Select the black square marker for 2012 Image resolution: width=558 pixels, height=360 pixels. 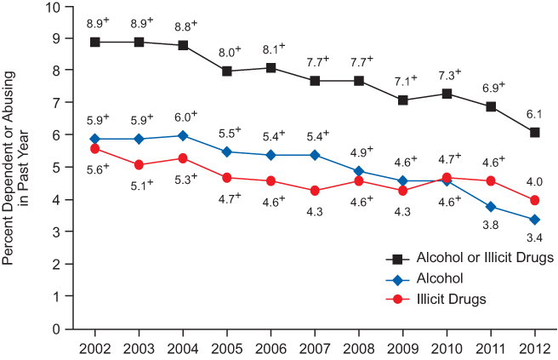pos(534,133)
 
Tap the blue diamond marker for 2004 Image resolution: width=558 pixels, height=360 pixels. pos(184,135)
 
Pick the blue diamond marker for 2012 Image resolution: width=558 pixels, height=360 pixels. pos(534,220)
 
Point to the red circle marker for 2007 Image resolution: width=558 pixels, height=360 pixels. pos(315,191)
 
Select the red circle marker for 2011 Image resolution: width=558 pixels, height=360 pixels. pos(491,181)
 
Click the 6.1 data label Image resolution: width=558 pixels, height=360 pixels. pos(534,114)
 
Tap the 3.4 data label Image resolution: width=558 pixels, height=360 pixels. pos(534,238)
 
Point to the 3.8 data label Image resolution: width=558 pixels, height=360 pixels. pos(491,225)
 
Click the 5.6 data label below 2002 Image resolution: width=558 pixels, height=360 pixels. pos(96,169)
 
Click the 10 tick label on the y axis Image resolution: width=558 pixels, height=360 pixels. pos(54,8)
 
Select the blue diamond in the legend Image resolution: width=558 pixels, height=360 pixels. pos(397,278)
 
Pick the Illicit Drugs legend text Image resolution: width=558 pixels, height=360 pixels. pos(452,299)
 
